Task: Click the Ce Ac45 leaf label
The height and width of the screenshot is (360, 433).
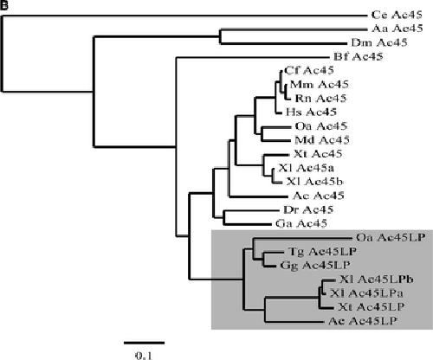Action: pos(397,15)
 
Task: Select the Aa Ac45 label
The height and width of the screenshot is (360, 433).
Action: pos(397,29)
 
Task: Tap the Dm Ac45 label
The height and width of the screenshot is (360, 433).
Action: pos(379,42)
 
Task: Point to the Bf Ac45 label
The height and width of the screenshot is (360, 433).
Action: pos(359,56)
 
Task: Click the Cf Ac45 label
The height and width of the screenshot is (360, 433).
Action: pos(309,70)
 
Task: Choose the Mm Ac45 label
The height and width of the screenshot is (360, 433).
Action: pos(320,84)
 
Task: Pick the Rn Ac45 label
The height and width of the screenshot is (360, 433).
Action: pos(320,98)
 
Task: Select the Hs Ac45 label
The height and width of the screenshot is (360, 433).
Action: pos(311,112)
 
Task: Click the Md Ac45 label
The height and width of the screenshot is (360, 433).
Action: pos(322,140)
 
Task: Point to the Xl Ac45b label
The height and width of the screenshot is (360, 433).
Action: pos(314,182)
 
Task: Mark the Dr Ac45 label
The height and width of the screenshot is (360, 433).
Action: pos(308,209)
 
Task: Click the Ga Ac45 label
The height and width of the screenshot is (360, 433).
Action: pos(301,223)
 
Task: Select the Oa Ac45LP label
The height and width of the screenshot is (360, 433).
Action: pos(391,237)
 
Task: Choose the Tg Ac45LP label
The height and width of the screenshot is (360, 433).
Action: pos(322,252)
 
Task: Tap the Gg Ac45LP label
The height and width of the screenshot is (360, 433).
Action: pos(315,266)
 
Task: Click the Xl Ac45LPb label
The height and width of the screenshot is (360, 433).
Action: pos(377,280)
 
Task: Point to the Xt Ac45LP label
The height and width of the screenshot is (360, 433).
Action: pos(372,307)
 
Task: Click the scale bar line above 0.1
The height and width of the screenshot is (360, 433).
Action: pos(145,343)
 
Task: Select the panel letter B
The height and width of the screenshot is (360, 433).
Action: pos(3,5)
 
